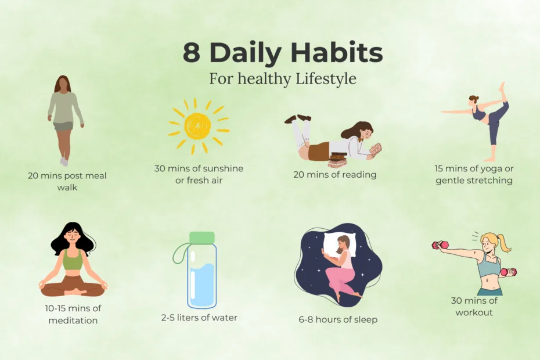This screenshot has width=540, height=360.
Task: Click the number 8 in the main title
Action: click(x=191, y=53)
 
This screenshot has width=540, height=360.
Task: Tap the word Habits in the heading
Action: click(x=337, y=52)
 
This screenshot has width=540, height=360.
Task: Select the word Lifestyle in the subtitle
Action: click(x=326, y=79)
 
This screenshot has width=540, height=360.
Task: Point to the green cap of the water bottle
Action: click(x=202, y=237)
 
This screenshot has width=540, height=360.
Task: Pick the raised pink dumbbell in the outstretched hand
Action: click(x=441, y=245)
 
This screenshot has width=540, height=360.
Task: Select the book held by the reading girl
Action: click(x=375, y=149)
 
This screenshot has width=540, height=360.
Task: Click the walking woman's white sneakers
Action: click(x=64, y=161)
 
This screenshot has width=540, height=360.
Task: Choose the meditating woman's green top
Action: click(x=73, y=260)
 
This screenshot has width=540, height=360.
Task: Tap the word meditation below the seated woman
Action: click(x=73, y=321)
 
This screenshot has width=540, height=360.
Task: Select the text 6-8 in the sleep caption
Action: click(x=306, y=320)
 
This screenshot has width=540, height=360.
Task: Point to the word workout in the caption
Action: click(x=474, y=312)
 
